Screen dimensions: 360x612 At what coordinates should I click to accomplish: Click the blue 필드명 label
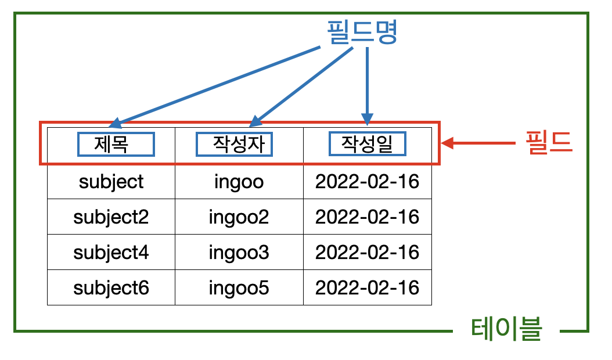[361, 33]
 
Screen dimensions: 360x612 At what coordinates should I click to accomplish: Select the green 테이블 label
[506, 331]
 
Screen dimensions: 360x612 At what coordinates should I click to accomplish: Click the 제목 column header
[116, 144]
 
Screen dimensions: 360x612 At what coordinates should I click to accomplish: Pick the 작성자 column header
[234, 144]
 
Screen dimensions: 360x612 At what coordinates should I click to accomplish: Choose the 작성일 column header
[367, 144]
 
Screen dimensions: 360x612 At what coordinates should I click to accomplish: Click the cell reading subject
[111, 182]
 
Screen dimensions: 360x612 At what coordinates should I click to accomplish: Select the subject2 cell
[111, 217]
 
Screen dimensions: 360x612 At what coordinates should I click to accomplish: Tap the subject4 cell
[111, 252]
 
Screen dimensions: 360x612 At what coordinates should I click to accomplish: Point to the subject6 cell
[111, 287]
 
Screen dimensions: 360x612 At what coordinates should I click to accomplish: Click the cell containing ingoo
[239, 182]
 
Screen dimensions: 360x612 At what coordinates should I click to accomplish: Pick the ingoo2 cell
[239, 217]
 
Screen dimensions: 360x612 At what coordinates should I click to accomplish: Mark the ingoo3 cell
[239, 252]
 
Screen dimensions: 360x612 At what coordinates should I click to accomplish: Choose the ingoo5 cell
[239, 287]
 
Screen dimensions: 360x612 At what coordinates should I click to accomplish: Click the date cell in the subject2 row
[367, 217]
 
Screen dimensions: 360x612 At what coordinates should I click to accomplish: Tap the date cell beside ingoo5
[367, 287]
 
